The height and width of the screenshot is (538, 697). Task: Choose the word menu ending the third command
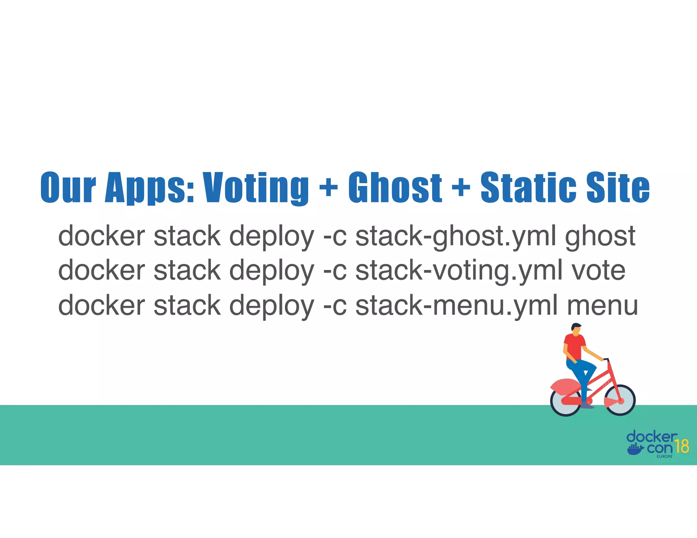click(x=602, y=305)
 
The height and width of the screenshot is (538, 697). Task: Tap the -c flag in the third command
click(x=335, y=305)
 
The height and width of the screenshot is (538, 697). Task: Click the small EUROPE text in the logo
click(x=664, y=456)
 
